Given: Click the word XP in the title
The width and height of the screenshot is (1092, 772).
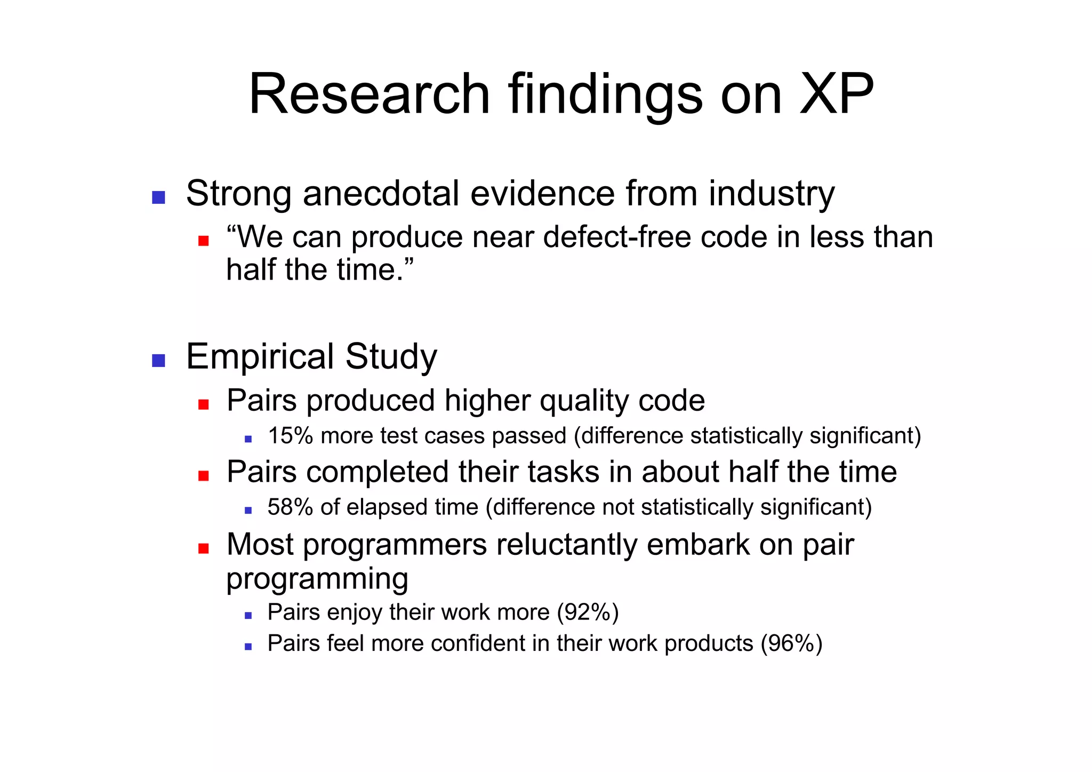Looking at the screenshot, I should (x=837, y=94).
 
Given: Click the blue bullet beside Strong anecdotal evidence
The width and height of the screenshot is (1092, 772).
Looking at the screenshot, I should (x=158, y=197).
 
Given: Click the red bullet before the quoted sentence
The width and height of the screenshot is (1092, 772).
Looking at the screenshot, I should (x=203, y=241).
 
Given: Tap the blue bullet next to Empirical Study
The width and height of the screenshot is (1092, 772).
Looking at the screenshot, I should (x=158, y=361).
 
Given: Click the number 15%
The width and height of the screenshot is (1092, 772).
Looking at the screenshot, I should (x=290, y=436).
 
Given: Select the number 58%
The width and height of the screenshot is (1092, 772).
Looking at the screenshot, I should (x=290, y=507).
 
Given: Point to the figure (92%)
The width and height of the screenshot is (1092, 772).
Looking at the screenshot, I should (x=588, y=612).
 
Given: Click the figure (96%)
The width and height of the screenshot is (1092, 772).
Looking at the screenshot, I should (x=791, y=643).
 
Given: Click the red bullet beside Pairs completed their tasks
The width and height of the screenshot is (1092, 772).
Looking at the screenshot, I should (x=203, y=475).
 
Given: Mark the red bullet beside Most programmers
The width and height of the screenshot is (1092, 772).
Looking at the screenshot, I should (x=203, y=548).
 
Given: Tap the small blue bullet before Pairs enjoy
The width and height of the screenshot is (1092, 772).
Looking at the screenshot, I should (x=248, y=616).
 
